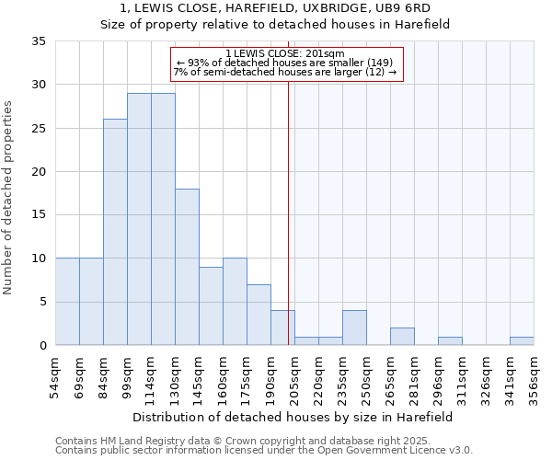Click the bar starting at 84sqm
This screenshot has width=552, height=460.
pyautogui.click(x=115, y=232)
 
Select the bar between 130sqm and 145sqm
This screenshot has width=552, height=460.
pyautogui.click(x=187, y=267)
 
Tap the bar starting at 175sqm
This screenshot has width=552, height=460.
pyautogui.click(x=259, y=315)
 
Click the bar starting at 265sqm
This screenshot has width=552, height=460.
pyautogui.click(x=402, y=337)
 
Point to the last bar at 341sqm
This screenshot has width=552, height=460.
pyautogui.click(x=522, y=341)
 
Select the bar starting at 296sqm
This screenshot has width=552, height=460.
pyautogui.click(x=450, y=341)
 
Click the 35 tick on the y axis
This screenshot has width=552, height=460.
pyautogui.click(x=39, y=41)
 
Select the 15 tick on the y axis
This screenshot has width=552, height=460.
pyautogui.click(x=39, y=215)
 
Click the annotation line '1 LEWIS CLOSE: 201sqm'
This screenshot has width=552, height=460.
pyautogui.click(x=285, y=54)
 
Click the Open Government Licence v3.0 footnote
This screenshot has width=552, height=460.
pyautogui.click(x=264, y=451)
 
